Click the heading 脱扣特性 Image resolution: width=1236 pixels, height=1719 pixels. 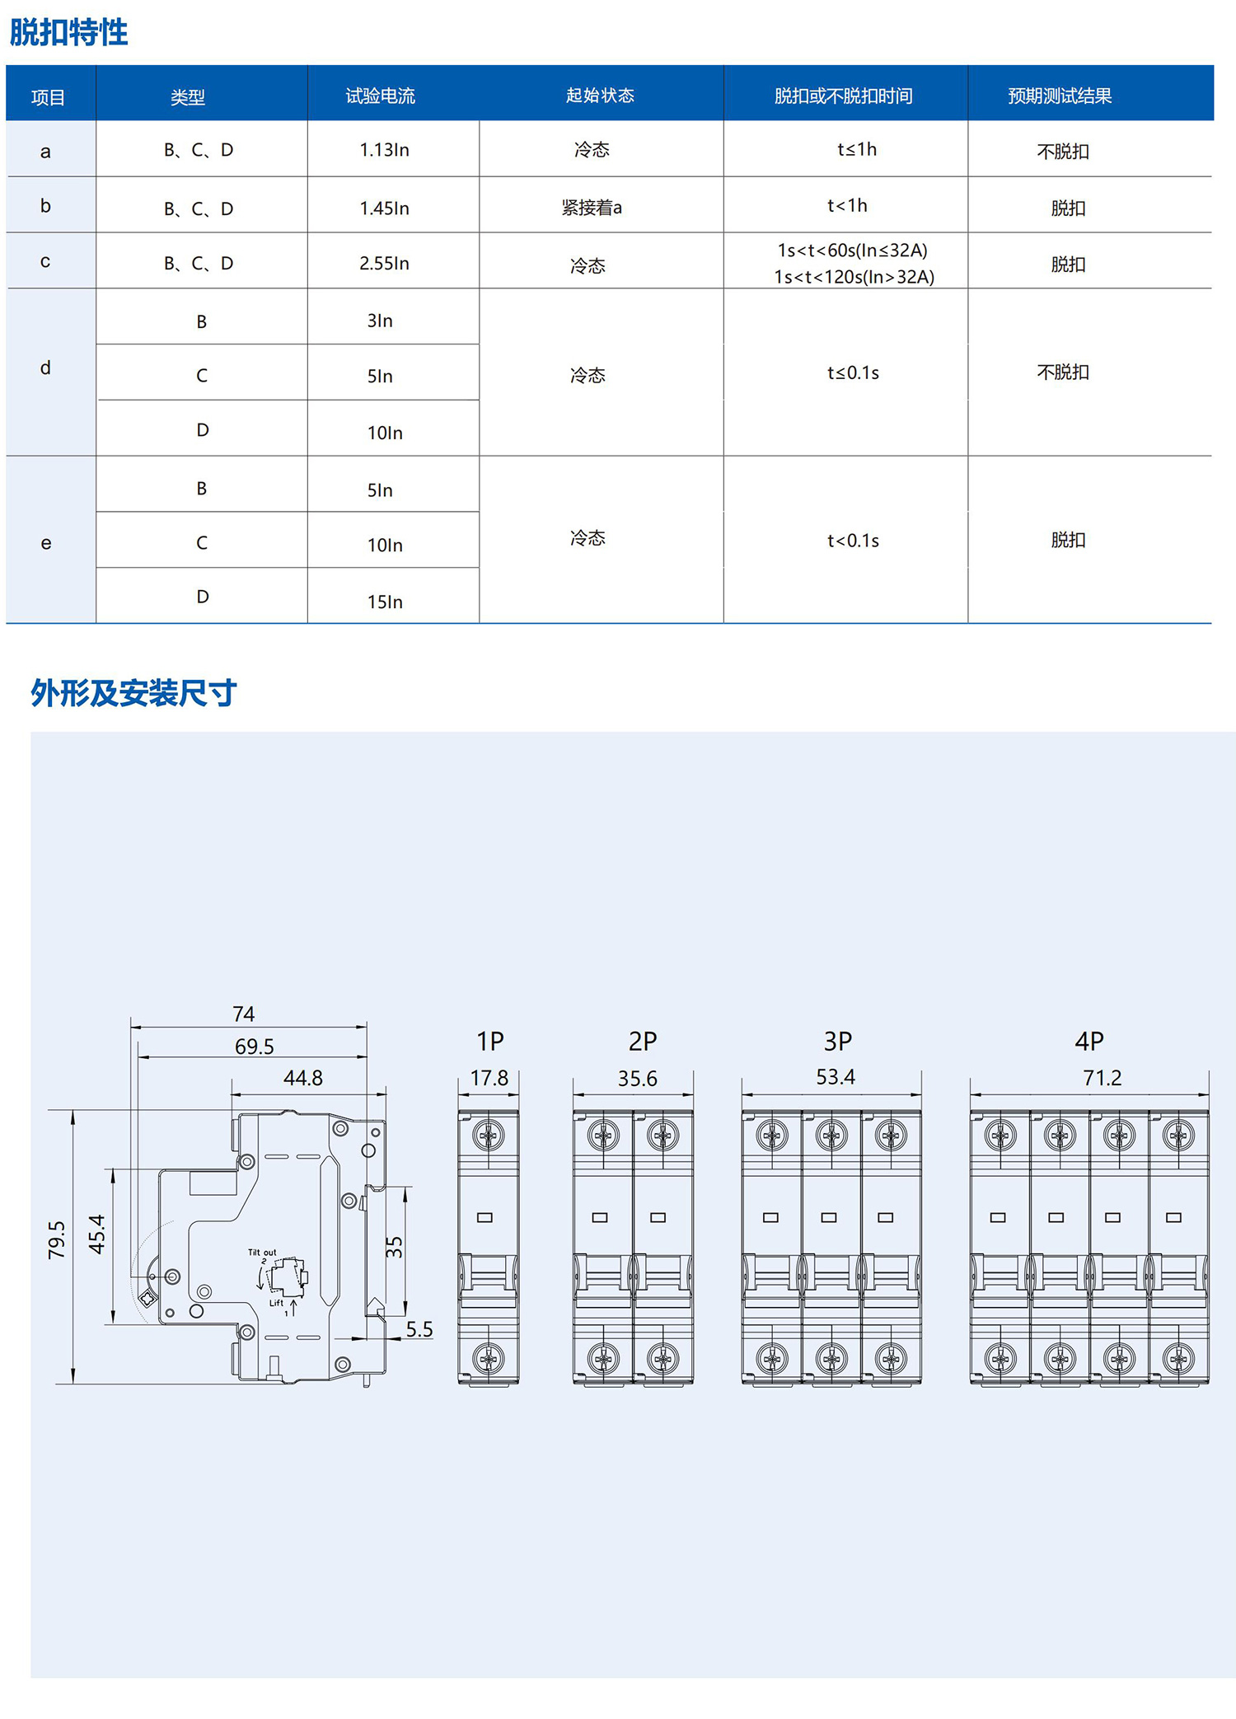tap(69, 33)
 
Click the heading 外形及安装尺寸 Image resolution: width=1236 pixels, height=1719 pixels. tap(133, 693)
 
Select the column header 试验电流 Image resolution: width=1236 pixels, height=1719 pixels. tap(380, 96)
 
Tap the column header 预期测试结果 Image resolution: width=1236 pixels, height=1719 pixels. tap(1060, 96)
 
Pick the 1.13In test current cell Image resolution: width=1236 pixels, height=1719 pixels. tap(384, 150)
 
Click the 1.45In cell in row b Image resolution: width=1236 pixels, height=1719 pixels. tap(384, 208)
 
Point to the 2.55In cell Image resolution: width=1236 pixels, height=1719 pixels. tap(384, 264)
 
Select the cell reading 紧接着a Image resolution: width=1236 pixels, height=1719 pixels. tap(592, 208)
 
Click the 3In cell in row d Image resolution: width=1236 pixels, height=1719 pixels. tap(380, 321)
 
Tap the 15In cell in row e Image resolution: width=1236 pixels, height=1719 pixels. tap(385, 602)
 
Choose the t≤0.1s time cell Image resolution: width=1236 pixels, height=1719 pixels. tap(853, 373)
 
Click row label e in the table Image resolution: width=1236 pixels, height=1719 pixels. tap(46, 543)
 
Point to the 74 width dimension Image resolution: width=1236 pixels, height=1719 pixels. tap(243, 1014)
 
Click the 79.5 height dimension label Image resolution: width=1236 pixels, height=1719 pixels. tap(56, 1239)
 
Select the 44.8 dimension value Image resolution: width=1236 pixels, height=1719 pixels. tap(303, 1078)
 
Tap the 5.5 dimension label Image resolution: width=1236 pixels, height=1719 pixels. tap(419, 1329)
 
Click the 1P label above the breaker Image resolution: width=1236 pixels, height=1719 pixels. tap(489, 1042)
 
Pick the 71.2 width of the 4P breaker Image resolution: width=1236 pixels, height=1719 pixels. tap(1102, 1078)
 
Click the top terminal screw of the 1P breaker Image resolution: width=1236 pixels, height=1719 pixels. tap(489, 1136)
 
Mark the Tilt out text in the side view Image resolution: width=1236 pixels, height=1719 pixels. tap(262, 1253)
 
